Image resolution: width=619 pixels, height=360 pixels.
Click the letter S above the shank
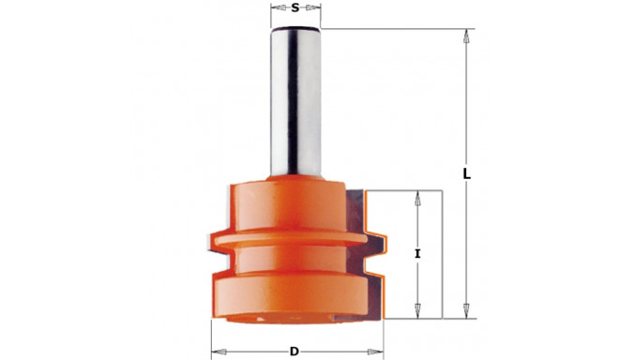[295, 8]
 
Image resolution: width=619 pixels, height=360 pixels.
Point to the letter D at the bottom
[294, 352]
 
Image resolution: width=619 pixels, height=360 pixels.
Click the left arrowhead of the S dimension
[275, 8]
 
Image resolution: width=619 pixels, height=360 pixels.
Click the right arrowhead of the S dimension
[316, 8]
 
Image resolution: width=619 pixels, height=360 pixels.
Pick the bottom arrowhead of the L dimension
[465, 315]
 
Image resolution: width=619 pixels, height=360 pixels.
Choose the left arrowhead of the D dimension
[215, 352]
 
